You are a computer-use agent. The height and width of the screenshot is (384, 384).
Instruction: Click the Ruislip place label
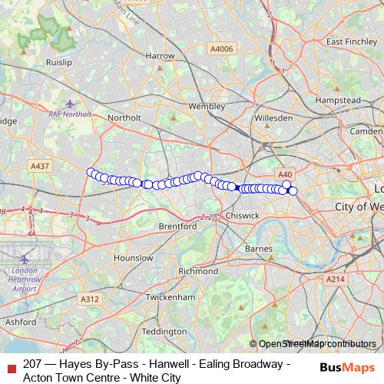(x=58, y=61)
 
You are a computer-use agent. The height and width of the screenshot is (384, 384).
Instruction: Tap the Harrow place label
(x=160, y=56)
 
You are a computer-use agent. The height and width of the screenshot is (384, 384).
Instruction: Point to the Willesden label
(x=273, y=118)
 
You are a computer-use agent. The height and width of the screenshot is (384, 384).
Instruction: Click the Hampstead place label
(x=339, y=101)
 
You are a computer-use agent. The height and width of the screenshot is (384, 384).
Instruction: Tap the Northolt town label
(x=124, y=118)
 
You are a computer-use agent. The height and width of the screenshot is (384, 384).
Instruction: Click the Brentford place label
(x=178, y=227)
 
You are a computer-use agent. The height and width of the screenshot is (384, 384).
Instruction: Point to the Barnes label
(x=259, y=250)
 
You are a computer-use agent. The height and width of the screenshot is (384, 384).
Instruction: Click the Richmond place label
(x=197, y=272)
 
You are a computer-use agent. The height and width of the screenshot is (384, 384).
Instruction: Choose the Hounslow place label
(x=134, y=259)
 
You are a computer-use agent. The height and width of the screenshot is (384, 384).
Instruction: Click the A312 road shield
(x=89, y=299)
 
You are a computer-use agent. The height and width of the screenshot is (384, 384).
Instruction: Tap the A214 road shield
(x=335, y=280)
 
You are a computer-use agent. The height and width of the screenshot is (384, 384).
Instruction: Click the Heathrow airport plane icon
(x=25, y=259)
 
